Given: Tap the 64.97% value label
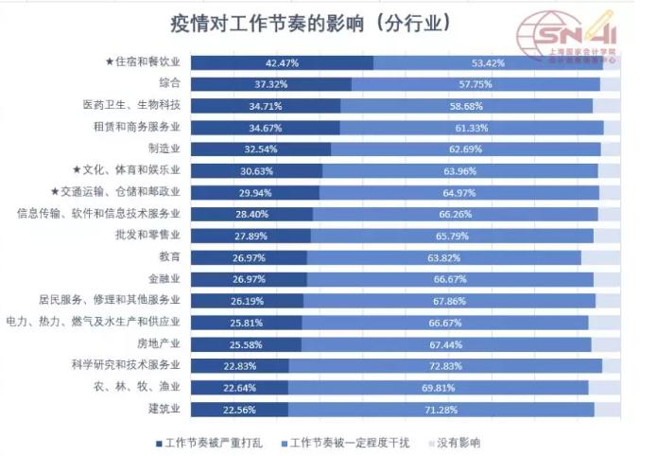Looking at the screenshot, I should pyautogui.click(x=460, y=192).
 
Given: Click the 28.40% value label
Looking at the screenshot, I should pyautogui.click(x=251, y=214).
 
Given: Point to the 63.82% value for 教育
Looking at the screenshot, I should pyautogui.click(x=444, y=256).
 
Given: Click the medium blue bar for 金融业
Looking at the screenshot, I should pyautogui.click(x=450, y=278).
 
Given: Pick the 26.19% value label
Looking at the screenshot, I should pyautogui.click(x=248, y=300).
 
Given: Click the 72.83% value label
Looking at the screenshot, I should pyautogui.click(x=445, y=365).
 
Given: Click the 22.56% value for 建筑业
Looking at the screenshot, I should pyautogui.click(x=240, y=409).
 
